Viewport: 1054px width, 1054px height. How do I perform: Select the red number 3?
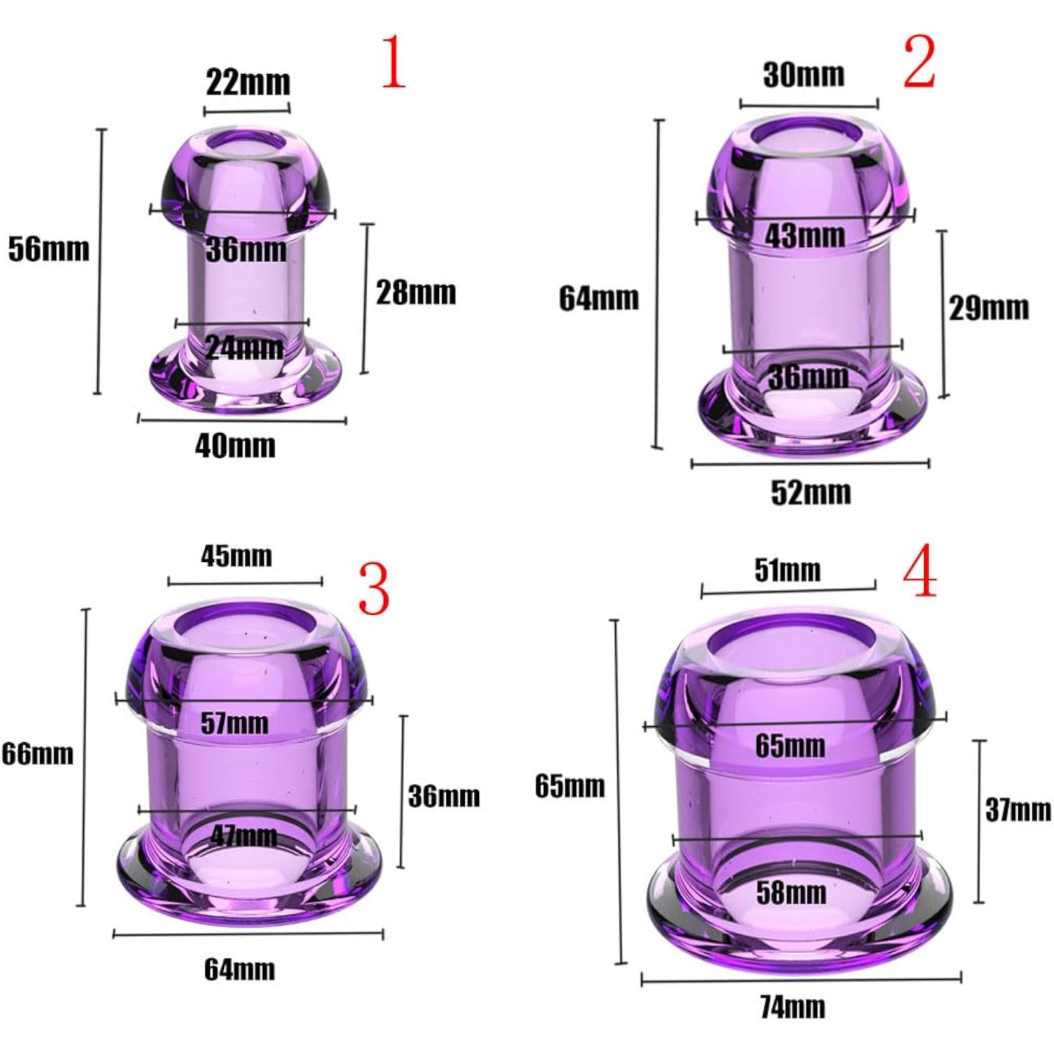pyautogui.click(x=374, y=589)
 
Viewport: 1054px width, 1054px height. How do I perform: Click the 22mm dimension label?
pyautogui.click(x=248, y=82)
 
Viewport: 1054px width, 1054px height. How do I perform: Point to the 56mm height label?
pyautogui.click(x=48, y=249)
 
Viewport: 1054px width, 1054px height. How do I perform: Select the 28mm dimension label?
pyautogui.click(x=416, y=292)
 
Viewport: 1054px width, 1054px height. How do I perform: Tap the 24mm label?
pyautogui.click(x=245, y=347)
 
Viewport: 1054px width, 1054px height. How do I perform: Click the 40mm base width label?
pyautogui.click(x=235, y=445)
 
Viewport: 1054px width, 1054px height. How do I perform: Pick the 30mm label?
pyautogui.click(x=804, y=74)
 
